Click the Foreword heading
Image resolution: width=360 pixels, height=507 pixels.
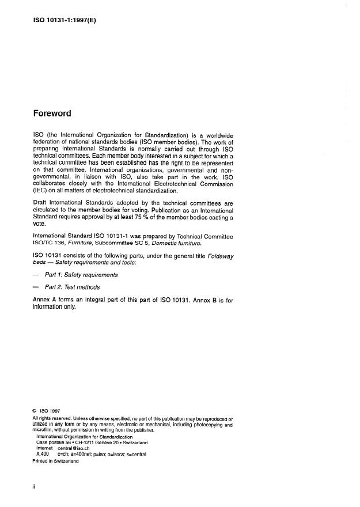point(52,113)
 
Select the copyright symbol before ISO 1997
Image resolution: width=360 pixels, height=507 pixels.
point(35,412)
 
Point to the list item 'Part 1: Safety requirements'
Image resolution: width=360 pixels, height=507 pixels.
point(85,275)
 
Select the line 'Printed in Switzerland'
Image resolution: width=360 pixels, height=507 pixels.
point(56,461)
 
